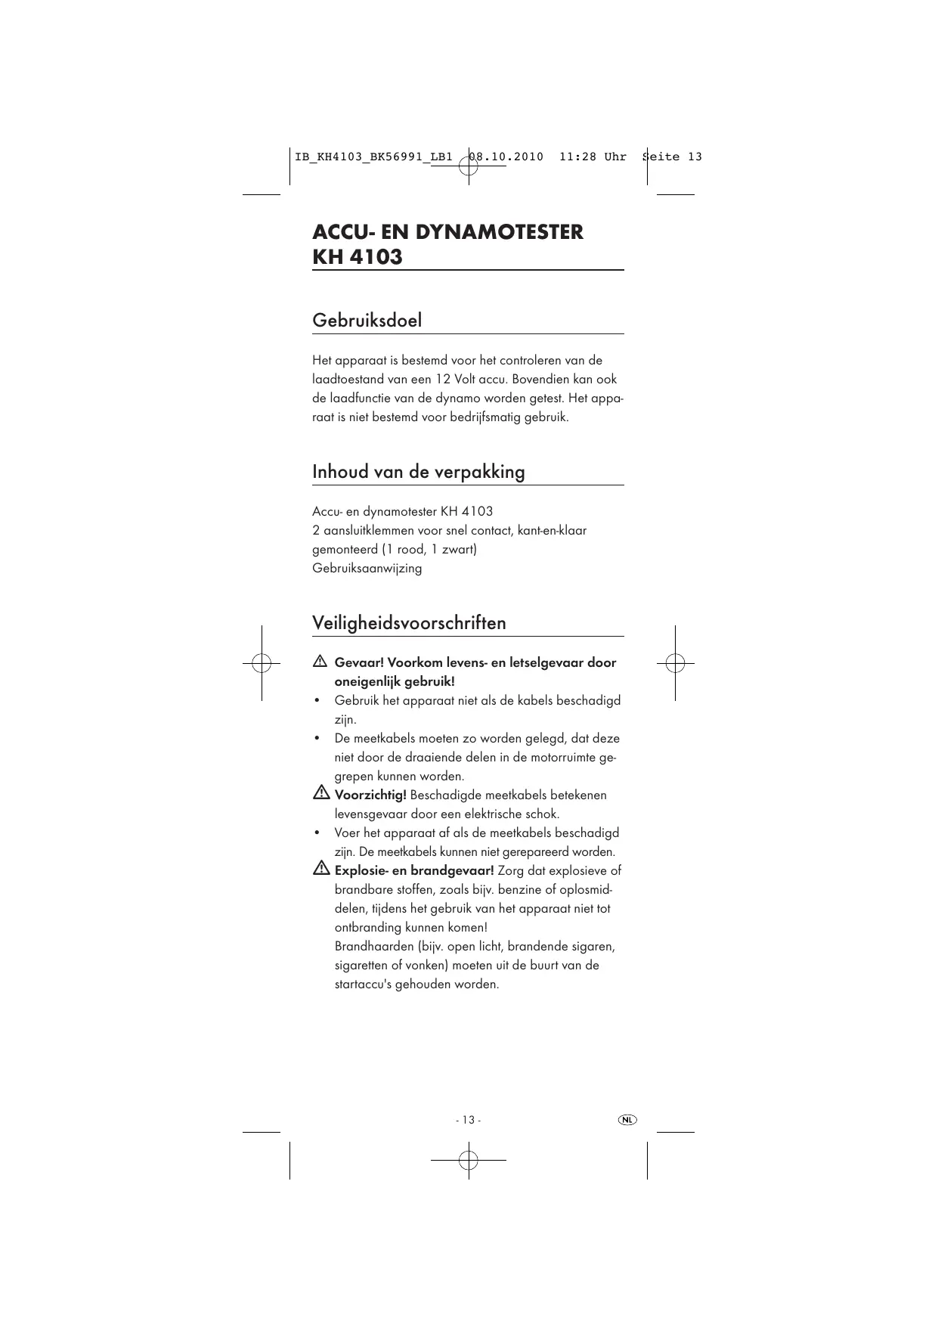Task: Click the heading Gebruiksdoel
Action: (x=367, y=321)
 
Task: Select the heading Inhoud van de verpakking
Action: (x=418, y=472)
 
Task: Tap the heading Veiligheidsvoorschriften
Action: (x=409, y=623)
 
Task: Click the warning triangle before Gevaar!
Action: (x=320, y=662)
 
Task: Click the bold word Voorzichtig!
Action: (x=370, y=795)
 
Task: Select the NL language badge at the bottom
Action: (x=627, y=1119)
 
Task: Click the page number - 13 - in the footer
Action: (x=468, y=1120)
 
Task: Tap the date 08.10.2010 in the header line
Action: (x=506, y=157)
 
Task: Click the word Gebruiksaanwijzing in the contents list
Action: (x=367, y=569)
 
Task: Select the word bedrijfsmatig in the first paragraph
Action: (x=484, y=417)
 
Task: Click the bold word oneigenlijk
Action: (x=365, y=682)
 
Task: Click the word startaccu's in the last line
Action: (x=363, y=984)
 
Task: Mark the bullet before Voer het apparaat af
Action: (x=317, y=833)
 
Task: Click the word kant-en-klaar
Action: (x=552, y=531)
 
